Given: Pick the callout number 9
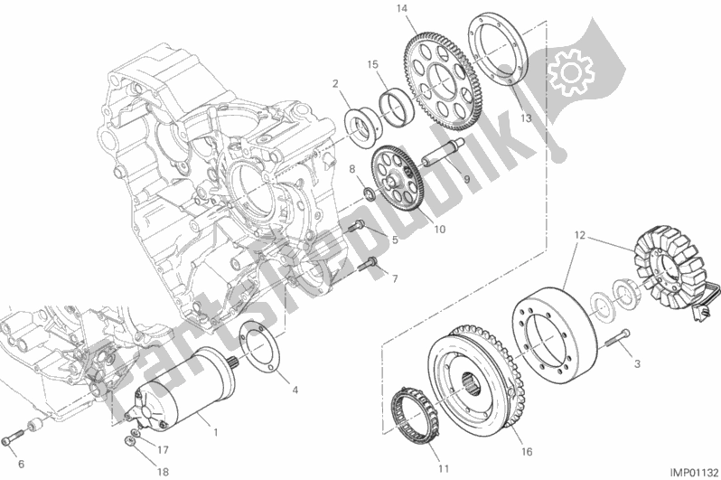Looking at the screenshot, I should [468, 179].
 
